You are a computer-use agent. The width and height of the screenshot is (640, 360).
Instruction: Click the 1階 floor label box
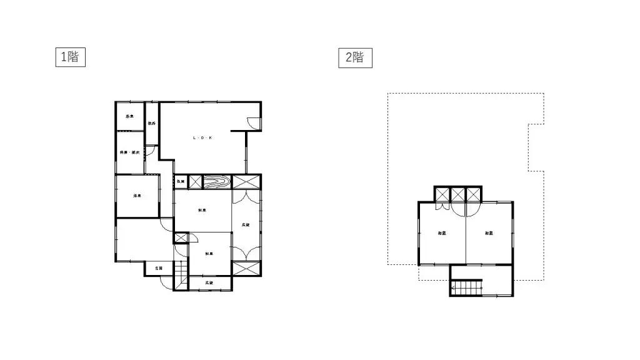pyautogui.click(x=69, y=57)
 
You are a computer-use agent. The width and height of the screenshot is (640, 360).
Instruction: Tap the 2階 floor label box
pyautogui.click(x=355, y=57)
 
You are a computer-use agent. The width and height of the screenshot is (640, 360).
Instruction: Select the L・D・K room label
pyautogui.click(x=202, y=137)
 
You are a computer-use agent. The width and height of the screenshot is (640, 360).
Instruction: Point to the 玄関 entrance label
pyautogui.click(x=159, y=268)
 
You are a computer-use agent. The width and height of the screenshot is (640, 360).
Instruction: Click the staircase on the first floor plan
pyautogui.click(x=181, y=275)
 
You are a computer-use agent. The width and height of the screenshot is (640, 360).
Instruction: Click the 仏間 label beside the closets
pyautogui.click(x=180, y=181)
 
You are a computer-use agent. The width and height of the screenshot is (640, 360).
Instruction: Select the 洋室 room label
pyautogui.click(x=136, y=196)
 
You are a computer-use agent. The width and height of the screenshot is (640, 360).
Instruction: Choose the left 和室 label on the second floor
pyautogui.click(x=442, y=233)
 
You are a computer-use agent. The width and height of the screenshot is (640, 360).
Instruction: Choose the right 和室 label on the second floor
pyautogui.click(x=489, y=233)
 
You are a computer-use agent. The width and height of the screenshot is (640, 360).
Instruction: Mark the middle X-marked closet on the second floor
pyautogui.click(x=458, y=194)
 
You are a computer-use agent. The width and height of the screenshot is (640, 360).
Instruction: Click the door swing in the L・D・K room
pyautogui.click(x=252, y=124)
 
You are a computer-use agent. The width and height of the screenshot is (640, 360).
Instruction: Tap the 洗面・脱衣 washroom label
pyautogui.click(x=129, y=152)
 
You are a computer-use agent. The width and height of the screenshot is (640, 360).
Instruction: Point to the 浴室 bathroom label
pyautogui.click(x=129, y=116)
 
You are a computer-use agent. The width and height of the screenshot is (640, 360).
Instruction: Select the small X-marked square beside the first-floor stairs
pyautogui.click(x=181, y=238)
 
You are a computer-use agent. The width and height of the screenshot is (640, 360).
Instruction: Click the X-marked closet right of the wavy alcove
pyautogui.click(x=246, y=182)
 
